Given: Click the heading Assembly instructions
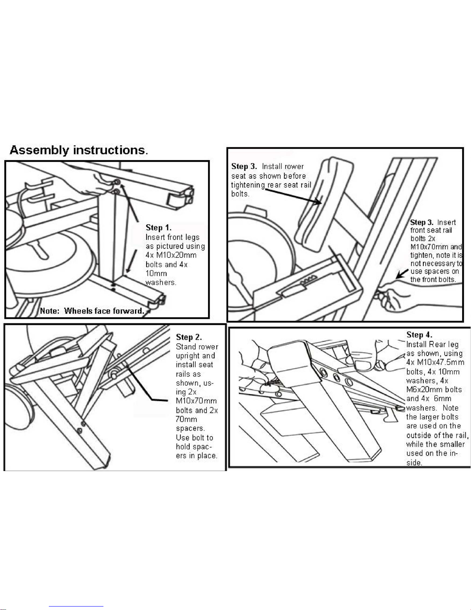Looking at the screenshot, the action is (78, 150).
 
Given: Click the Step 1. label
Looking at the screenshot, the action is (158, 227).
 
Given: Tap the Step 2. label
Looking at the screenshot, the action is (189, 337).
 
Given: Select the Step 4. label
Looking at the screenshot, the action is (419, 334).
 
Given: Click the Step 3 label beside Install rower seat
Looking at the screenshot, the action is (244, 166).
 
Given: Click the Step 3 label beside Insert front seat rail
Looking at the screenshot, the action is (422, 222).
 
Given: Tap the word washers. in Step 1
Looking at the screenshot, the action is (161, 282).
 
